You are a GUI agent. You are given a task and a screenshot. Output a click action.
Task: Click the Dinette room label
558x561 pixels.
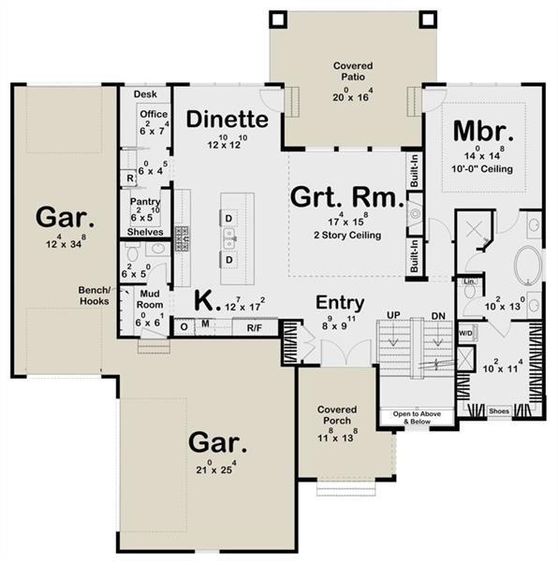228,120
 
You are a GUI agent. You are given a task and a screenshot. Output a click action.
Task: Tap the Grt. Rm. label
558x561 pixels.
346,198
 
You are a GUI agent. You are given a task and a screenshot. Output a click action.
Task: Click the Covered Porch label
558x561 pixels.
338,416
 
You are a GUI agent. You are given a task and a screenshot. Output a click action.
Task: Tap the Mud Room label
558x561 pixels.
149,299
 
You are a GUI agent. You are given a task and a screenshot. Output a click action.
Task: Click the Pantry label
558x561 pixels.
144,201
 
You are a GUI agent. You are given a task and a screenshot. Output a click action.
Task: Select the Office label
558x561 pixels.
153,114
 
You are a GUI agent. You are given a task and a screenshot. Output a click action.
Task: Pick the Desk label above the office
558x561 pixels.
144,94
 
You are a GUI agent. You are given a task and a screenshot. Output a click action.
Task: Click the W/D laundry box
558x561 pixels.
465,333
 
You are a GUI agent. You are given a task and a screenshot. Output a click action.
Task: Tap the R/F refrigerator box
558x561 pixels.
254,327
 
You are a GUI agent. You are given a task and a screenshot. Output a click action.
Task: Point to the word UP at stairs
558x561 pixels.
392,315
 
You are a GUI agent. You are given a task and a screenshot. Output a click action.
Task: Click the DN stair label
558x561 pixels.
436,315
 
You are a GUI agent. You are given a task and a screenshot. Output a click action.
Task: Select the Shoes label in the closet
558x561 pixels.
500,410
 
